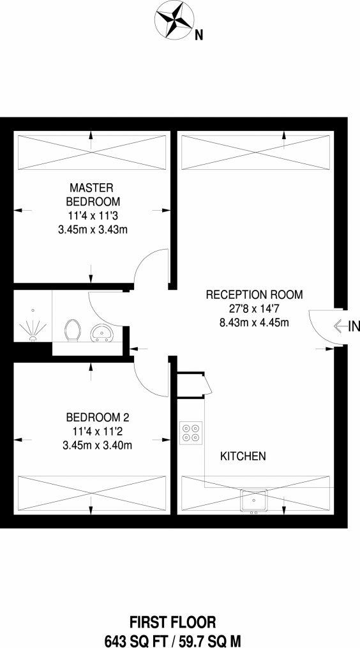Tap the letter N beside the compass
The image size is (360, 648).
pos(199,36)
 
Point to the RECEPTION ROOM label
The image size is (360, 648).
pos(254,295)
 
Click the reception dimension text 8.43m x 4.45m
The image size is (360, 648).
pos(254,322)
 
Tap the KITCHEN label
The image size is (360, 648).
pos(243,456)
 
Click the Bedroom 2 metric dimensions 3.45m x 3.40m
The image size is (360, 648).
pos(98,446)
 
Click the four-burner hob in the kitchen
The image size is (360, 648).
pos(191,432)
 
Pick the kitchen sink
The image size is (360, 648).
pos(254,501)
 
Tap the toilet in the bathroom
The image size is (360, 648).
pos(72,330)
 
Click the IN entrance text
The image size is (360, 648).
pos(353,326)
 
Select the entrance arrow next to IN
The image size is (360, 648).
pos(340,326)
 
